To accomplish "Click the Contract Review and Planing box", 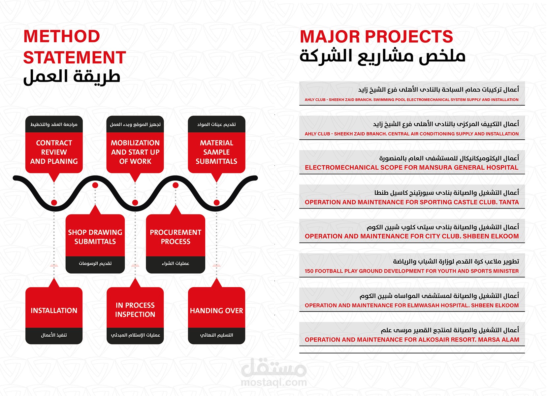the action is click(x=54, y=145).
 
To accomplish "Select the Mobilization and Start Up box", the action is click(x=135, y=145).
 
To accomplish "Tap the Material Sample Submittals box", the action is click(x=216, y=145).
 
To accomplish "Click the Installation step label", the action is click(x=54, y=311).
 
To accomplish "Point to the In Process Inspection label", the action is click(x=135, y=310).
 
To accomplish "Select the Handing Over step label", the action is click(x=216, y=311).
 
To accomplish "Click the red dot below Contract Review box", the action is click(x=54, y=203).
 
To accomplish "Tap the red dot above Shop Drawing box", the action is click(x=95, y=185).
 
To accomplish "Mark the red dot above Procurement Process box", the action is click(x=176, y=185).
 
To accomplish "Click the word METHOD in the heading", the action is click(x=62, y=36).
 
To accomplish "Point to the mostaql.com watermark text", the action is click(x=274, y=382).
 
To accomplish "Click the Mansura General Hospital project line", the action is click(x=411, y=168).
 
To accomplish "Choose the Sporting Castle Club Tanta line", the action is click(x=412, y=202).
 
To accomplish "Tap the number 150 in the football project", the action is click(x=309, y=271).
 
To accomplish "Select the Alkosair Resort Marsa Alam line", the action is click(x=412, y=340).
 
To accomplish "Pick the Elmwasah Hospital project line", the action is click(x=412, y=306).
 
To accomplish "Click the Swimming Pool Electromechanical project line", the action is click(x=411, y=100).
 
